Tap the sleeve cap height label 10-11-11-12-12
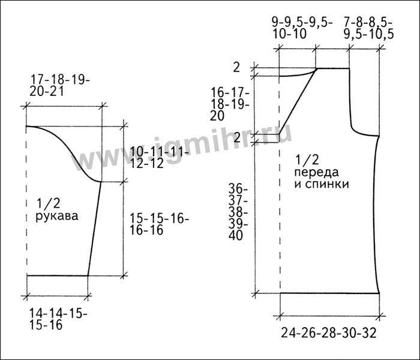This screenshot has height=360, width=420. coord(160,158)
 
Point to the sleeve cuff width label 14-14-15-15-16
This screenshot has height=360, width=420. coord(58,319)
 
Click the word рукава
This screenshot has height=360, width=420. coord(57,216)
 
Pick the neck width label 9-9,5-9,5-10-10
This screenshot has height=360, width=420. coord(302,28)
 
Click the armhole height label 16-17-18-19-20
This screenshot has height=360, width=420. coord(230,104)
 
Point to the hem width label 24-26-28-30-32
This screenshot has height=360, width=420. coord(329,333)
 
